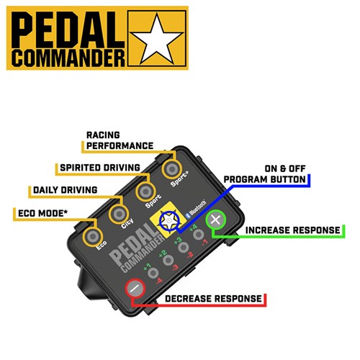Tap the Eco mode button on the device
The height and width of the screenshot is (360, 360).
(93, 236)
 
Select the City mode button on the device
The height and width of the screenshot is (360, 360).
(120, 214)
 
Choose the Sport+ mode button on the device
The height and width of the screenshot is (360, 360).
(172, 169)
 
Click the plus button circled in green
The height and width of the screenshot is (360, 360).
(215, 220)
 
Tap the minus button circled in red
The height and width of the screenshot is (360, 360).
(135, 289)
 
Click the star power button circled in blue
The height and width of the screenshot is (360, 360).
(169, 220)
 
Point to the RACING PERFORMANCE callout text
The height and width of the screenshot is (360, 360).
(120, 140)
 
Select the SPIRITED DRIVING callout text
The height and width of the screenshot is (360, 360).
(100, 168)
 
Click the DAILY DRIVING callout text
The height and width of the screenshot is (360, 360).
(65, 190)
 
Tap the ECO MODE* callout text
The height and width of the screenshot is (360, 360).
(43, 213)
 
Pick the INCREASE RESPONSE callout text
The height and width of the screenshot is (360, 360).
(292, 230)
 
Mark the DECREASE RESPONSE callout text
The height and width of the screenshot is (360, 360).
(213, 299)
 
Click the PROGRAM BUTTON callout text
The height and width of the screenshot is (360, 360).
(264, 179)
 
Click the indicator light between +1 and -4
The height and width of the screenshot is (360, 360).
(153, 273)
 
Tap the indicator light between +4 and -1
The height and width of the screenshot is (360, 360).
(199, 235)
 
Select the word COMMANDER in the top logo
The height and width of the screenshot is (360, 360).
(68, 58)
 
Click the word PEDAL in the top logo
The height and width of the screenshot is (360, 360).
(68, 30)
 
